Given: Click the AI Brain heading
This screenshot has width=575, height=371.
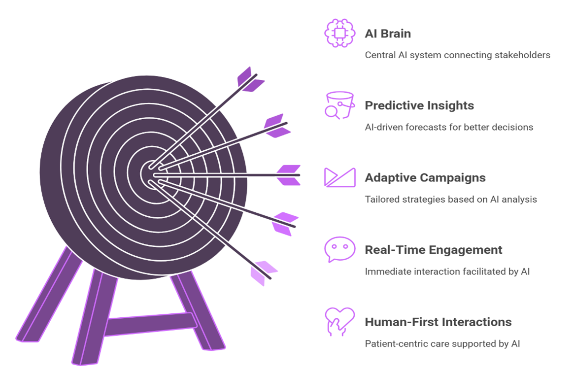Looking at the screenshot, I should coord(388,34).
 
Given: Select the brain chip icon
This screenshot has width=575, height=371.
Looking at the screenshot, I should coord(339,33).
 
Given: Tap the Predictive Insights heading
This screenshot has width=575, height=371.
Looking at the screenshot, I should coord(419,106).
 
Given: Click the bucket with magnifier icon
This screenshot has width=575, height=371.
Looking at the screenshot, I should coord(339,105).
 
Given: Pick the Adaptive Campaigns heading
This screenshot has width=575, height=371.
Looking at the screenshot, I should coord(425,178).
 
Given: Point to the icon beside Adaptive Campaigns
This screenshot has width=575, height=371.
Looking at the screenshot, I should coord(339,177).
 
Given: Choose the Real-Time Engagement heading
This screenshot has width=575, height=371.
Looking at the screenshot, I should coord(434,250).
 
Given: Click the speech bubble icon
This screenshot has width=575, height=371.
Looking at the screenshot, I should coord(339,249).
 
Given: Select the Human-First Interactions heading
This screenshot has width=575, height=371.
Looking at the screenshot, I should coord(438,322).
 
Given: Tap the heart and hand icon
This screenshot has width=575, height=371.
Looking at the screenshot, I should coord(339,321).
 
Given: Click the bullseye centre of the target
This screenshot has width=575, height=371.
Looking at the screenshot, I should coord(150,174).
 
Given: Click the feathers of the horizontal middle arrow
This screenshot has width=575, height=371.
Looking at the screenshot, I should coord(289,175).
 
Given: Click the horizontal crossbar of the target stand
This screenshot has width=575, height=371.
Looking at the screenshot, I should coord(151,324).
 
